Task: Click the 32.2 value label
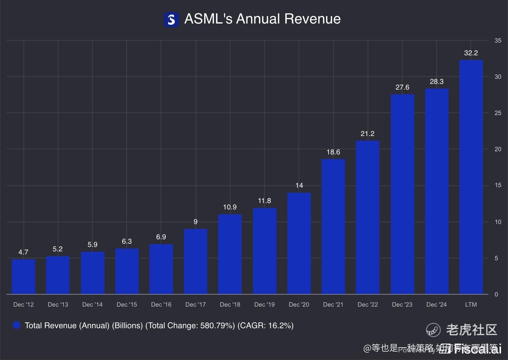click(471, 53)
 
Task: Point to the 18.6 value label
click(333, 152)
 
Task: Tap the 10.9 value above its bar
click(230, 207)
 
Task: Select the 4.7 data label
click(23, 252)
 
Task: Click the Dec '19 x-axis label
click(264, 304)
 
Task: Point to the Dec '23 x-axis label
click(402, 304)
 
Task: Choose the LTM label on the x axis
click(471, 304)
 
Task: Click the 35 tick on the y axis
click(498, 41)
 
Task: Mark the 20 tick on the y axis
click(498, 149)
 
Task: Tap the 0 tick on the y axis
click(496, 294)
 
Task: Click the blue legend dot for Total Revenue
click(17, 325)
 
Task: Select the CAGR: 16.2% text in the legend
click(265, 325)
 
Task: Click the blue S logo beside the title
click(171, 20)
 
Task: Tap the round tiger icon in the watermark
click(433, 329)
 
